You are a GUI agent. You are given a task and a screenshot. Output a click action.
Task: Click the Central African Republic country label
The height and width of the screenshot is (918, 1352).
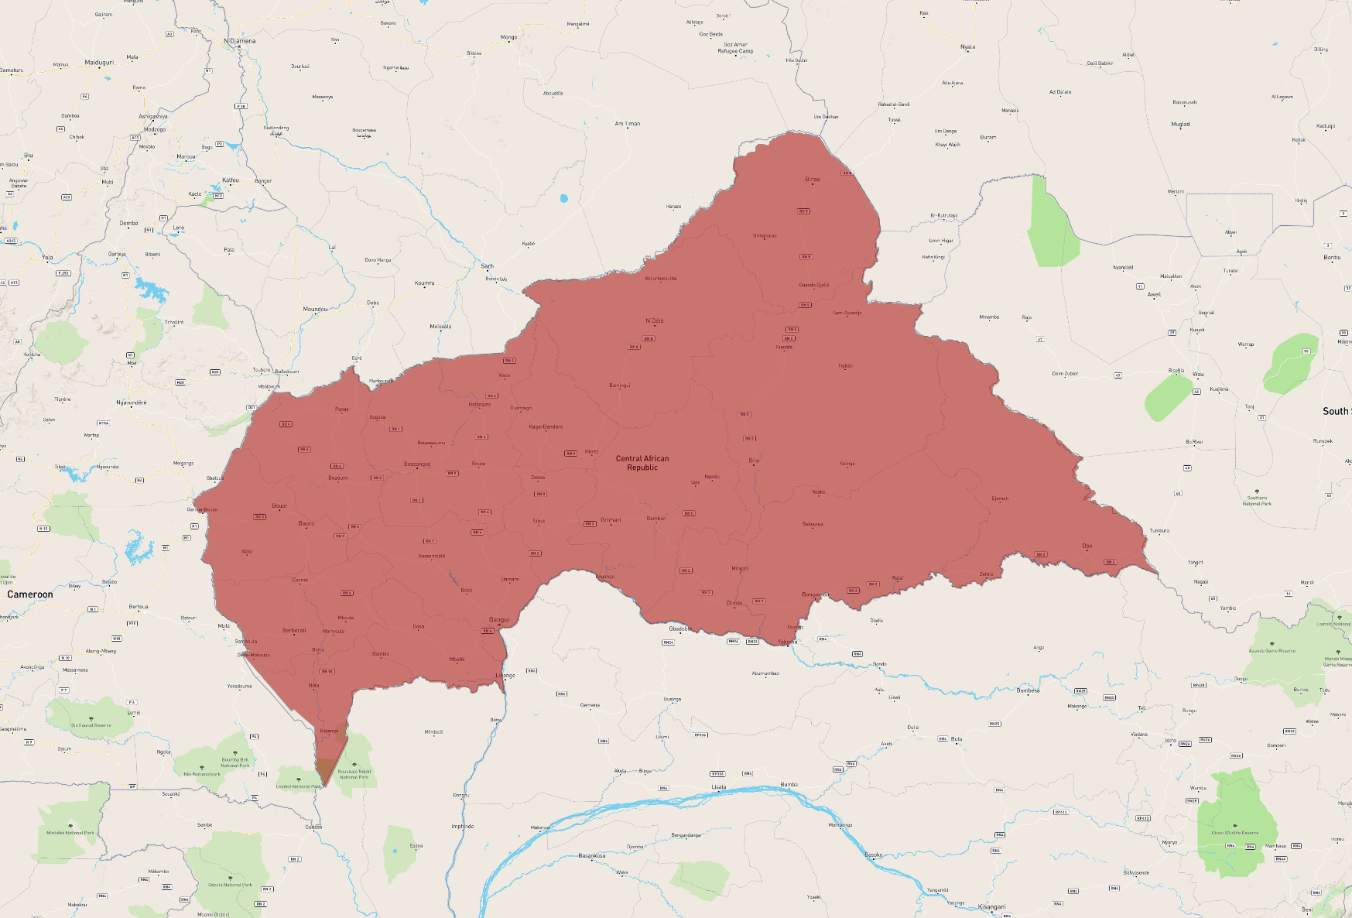[642, 463]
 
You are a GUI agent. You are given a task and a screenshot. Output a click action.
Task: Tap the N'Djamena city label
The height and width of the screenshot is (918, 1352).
[240, 41]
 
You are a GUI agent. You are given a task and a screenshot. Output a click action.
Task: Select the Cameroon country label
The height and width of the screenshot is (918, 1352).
[30, 594]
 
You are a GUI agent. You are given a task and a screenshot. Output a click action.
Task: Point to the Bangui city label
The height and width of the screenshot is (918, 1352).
[499, 620]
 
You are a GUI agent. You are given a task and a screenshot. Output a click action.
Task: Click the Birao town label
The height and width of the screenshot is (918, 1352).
[812, 180]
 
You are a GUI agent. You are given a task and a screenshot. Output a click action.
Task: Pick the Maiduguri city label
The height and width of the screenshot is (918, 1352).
[99, 63]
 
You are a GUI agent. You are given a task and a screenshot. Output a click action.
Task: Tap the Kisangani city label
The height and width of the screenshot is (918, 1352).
[991, 907]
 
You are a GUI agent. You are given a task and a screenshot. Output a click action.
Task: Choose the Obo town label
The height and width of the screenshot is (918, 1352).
[1087, 546]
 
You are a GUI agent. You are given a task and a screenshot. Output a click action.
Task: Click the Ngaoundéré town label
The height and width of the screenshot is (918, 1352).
[132, 402]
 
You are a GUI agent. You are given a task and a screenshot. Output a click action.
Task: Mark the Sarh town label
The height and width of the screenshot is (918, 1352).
[488, 266]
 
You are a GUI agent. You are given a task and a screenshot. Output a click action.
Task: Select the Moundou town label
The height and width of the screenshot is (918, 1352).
[315, 310]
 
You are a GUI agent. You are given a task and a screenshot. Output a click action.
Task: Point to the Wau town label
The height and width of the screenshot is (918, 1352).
[1198, 375]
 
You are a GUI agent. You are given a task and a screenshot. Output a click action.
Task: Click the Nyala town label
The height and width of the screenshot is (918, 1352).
[967, 47]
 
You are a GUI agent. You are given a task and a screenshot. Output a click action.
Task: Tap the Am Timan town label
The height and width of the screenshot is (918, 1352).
[628, 124]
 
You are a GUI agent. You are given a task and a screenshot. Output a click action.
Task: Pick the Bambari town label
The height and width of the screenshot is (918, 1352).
[656, 519]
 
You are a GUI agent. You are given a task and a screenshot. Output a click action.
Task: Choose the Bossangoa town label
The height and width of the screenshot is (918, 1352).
[417, 464]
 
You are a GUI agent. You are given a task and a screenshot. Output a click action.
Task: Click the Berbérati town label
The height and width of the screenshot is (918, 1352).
[294, 631]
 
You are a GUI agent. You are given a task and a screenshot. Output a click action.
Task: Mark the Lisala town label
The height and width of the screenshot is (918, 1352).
[719, 787]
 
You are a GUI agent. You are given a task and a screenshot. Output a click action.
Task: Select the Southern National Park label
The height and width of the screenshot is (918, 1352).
[1257, 501]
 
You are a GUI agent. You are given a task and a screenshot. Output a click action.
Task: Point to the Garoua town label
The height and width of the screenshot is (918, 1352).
[117, 254]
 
